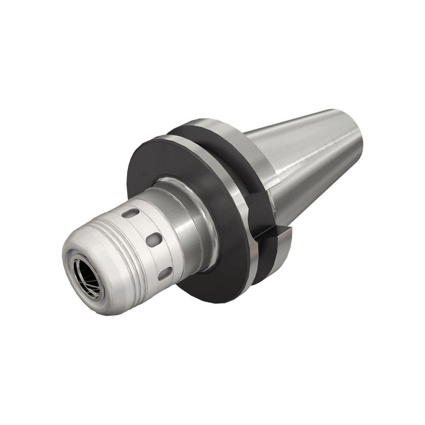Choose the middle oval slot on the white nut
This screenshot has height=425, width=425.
tap(154, 240)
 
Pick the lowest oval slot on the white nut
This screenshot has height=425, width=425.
tap(165, 274)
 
